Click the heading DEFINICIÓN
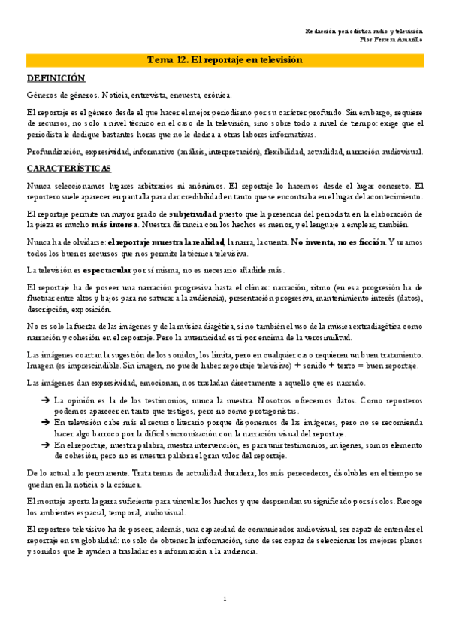(x=56, y=78)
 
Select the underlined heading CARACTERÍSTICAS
(x=68, y=168)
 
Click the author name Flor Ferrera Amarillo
(x=391, y=38)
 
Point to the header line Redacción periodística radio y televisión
(x=364, y=30)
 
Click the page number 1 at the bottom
(x=225, y=598)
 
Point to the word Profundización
(x=52, y=151)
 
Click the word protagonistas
(x=274, y=412)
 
